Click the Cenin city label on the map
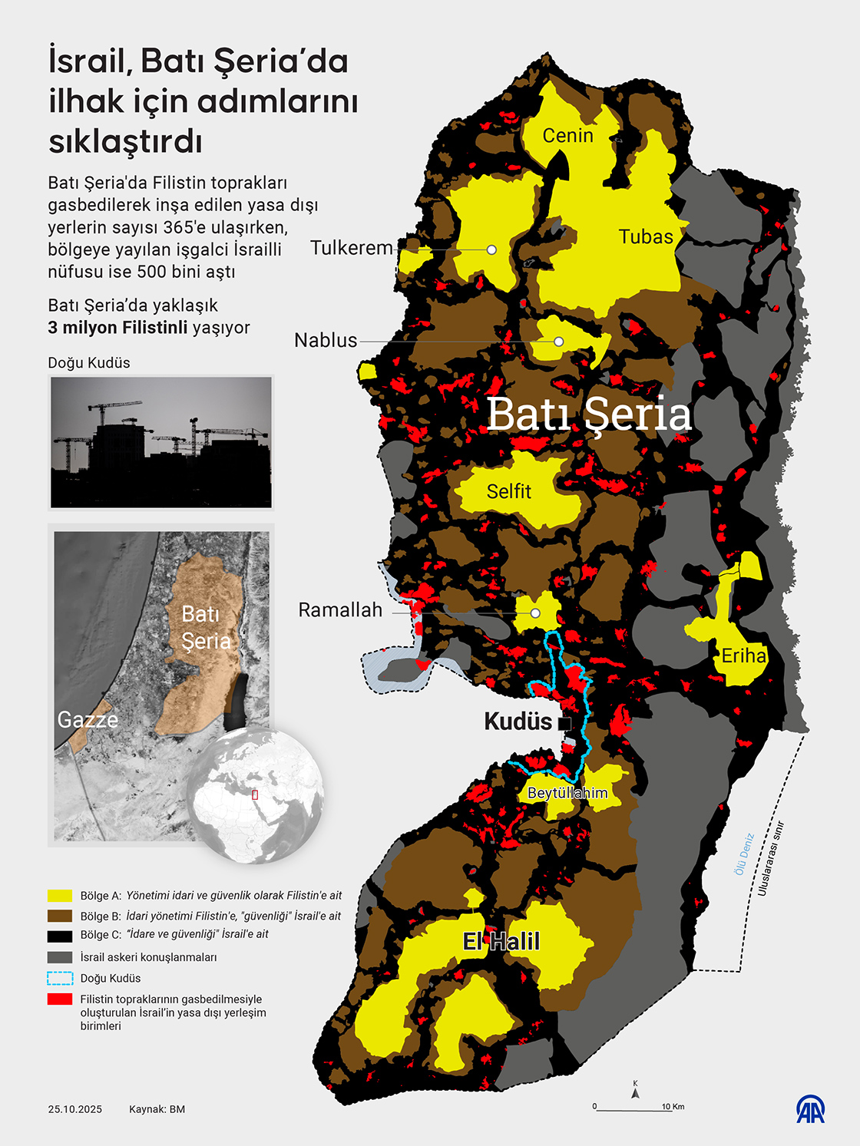pyautogui.click(x=567, y=136)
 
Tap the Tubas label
pyautogui.click(x=646, y=237)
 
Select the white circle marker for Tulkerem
pyautogui.click(x=491, y=250)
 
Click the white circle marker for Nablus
pyautogui.click(x=559, y=342)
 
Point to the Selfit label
pyautogui.click(x=509, y=491)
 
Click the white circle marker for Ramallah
pyautogui.click(x=535, y=613)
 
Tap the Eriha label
pyautogui.click(x=743, y=656)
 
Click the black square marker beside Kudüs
pyautogui.click(x=565, y=723)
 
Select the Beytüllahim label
pyautogui.click(x=567, y=793)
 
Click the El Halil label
pyautogui.click(x=501, y=942)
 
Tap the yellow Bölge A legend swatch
pyautogui.click(x=60, y=896)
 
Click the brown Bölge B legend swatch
pyautogui.click(x=60, y=916)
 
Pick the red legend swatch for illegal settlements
pyautogui.click(x=60, y=999)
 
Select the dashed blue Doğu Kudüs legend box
pyautogui.click(x=60, y=979)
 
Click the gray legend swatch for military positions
pyautogui.click(x=60, y=957)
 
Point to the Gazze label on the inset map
pyautogui.click(x=88, y=720)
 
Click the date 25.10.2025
pyautogui.click(x=74, y=1109)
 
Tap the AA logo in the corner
pyautogui.click(x=810, y=1109)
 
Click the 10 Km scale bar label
pyautogui.click(x=673, y=1106)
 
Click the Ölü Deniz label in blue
pyautogui.click(x=743, y=854)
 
